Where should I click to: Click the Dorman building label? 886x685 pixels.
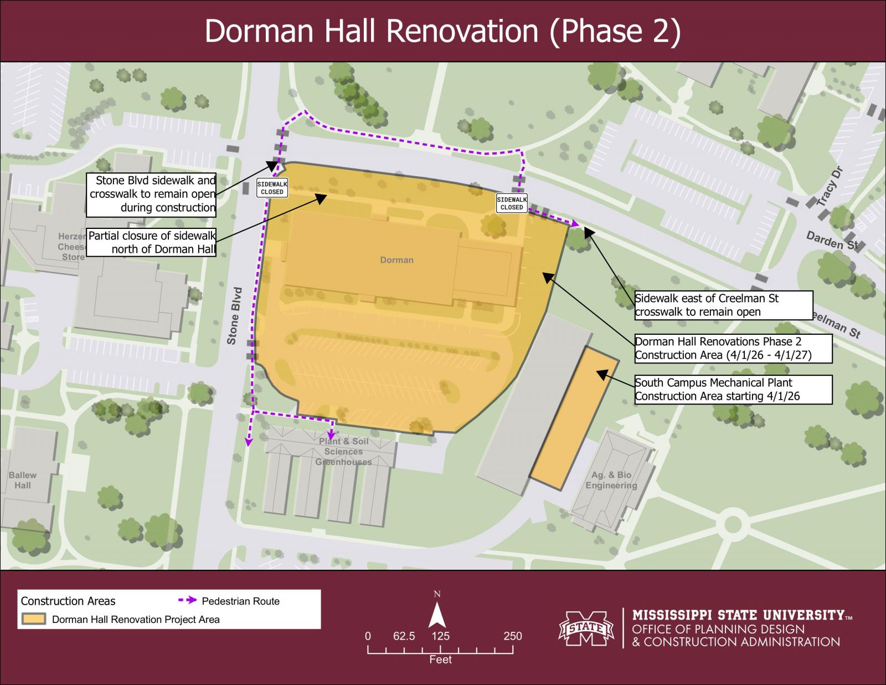pos(396,260)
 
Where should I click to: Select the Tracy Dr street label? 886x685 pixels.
pos(829,186)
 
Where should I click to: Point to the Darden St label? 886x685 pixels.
pos(831,241)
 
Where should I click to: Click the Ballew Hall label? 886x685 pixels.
pos(23,480)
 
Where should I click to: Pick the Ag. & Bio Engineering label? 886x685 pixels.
pos(611,480)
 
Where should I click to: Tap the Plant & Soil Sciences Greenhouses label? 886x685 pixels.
pos(343,452)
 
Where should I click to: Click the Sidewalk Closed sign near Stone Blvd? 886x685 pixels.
pos(272,187)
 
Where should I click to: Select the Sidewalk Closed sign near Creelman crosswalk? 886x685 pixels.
pos(512,203)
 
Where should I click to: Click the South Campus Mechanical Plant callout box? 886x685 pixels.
pos(733,390)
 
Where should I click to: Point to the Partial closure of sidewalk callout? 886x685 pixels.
pos(151,242)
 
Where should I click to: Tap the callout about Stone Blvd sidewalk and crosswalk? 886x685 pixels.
pos(151,194)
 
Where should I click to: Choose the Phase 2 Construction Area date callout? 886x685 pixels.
pos(733,348)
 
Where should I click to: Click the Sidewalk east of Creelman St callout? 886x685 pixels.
pos(723,305)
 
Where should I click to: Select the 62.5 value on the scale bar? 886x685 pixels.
pos(404,636)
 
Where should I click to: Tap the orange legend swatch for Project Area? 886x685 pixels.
pos(33,619)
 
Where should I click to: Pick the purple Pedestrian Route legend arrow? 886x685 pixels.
pos(187,601)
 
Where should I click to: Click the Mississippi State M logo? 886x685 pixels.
pos(586,628)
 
